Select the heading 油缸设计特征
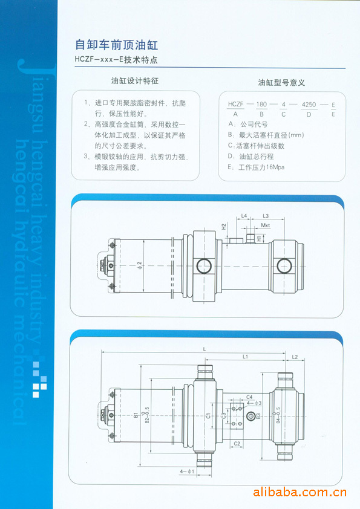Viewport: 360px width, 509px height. coord(134,80)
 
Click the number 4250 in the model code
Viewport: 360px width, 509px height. coord(309,105)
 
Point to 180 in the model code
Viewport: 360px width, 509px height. coord(261,105)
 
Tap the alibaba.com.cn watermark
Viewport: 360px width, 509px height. coord(299,491)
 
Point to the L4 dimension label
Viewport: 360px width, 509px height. coord(244,215)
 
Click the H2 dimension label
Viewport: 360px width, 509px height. coord(223,227)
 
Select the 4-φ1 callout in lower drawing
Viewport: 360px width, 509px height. coord(187,471)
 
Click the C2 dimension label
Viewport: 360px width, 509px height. coord(238,444)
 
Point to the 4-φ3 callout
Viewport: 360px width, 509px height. coord(254,403)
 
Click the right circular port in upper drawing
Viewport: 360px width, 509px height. coord(283,265)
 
